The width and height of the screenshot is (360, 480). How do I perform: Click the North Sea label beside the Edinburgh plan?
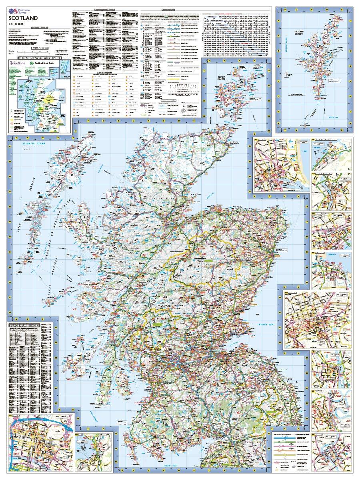coord(266,324)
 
